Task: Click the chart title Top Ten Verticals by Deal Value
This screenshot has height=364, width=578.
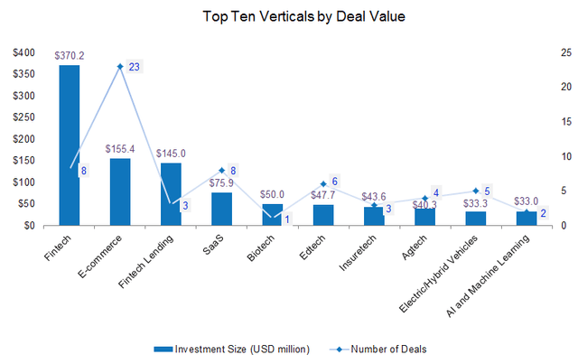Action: coord(290,15)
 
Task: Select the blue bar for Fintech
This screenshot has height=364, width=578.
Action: coord(70,145)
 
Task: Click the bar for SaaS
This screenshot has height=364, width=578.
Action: coord(221,209)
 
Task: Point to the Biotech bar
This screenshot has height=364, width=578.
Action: coord(272,215)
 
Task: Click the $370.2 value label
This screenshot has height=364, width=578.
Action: coord(70,55)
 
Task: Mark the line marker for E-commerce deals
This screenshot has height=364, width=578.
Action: coord(120,67)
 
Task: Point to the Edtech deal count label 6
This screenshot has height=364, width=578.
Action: coord(334,182)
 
